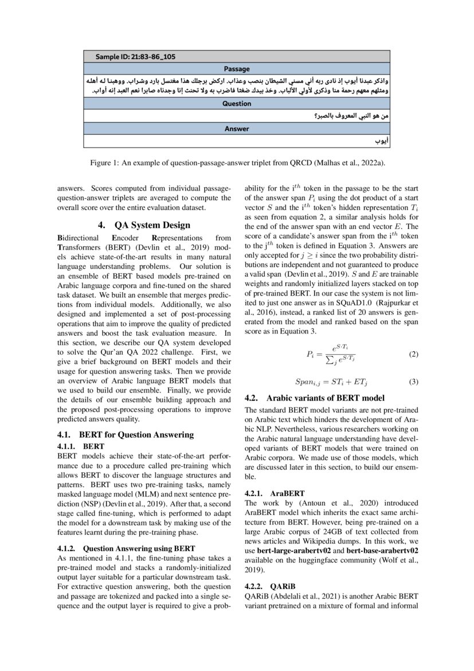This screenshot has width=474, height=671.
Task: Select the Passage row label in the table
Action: click(237, 68)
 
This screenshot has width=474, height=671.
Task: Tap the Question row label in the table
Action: click(237, 104)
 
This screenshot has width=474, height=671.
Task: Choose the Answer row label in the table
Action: click(237, 129)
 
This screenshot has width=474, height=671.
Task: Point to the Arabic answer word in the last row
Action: click(381, 141)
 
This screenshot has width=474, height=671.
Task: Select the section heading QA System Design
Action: click(144, 225)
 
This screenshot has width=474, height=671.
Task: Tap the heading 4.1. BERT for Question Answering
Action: click(126, 435)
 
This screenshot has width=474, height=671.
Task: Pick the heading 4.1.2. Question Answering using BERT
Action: click(126, 548)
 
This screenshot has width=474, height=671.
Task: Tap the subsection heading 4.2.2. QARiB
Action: click(269, 586)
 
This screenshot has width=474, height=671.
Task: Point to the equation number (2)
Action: click(413, 354)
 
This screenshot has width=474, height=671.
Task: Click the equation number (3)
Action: click(413, 382)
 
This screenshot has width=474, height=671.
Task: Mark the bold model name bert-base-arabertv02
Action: click(382, 550)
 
